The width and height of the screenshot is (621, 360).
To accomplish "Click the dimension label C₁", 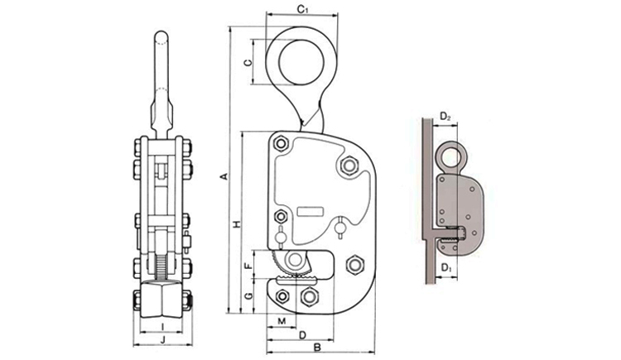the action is coord(303,9).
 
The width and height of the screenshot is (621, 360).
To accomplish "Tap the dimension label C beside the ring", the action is coord(247,63).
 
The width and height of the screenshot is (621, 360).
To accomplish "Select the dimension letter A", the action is coord(224,176).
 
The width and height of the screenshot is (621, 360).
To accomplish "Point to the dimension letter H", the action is coord(237,224).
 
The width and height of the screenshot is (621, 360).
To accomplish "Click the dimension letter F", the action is coord(248,266).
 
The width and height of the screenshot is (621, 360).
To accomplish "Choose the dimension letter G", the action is coord(248,296).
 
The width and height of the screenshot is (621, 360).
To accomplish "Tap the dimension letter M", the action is coord(282,321).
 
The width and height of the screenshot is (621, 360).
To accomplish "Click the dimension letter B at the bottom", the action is coord(317,348).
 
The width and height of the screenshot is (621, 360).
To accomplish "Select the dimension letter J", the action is coord(162,339).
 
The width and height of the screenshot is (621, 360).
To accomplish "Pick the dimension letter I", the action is coord(162,326).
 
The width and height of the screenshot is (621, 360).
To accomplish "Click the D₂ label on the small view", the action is coord(445,117).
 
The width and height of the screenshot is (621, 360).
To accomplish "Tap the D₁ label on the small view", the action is coord(446,267).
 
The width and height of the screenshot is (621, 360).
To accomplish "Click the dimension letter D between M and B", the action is coord(302,335).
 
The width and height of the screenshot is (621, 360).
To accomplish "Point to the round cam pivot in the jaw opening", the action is coord(293,260).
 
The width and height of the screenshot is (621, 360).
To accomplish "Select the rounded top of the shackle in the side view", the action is coord(161,36).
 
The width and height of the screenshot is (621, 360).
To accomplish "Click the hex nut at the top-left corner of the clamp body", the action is coord(281,143).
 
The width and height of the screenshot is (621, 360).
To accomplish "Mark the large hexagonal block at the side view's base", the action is coord(161,299).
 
